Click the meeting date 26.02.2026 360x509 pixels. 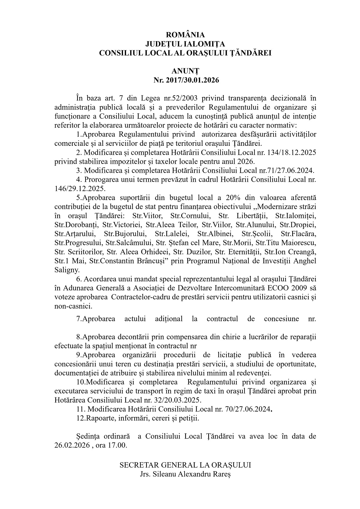72,445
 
